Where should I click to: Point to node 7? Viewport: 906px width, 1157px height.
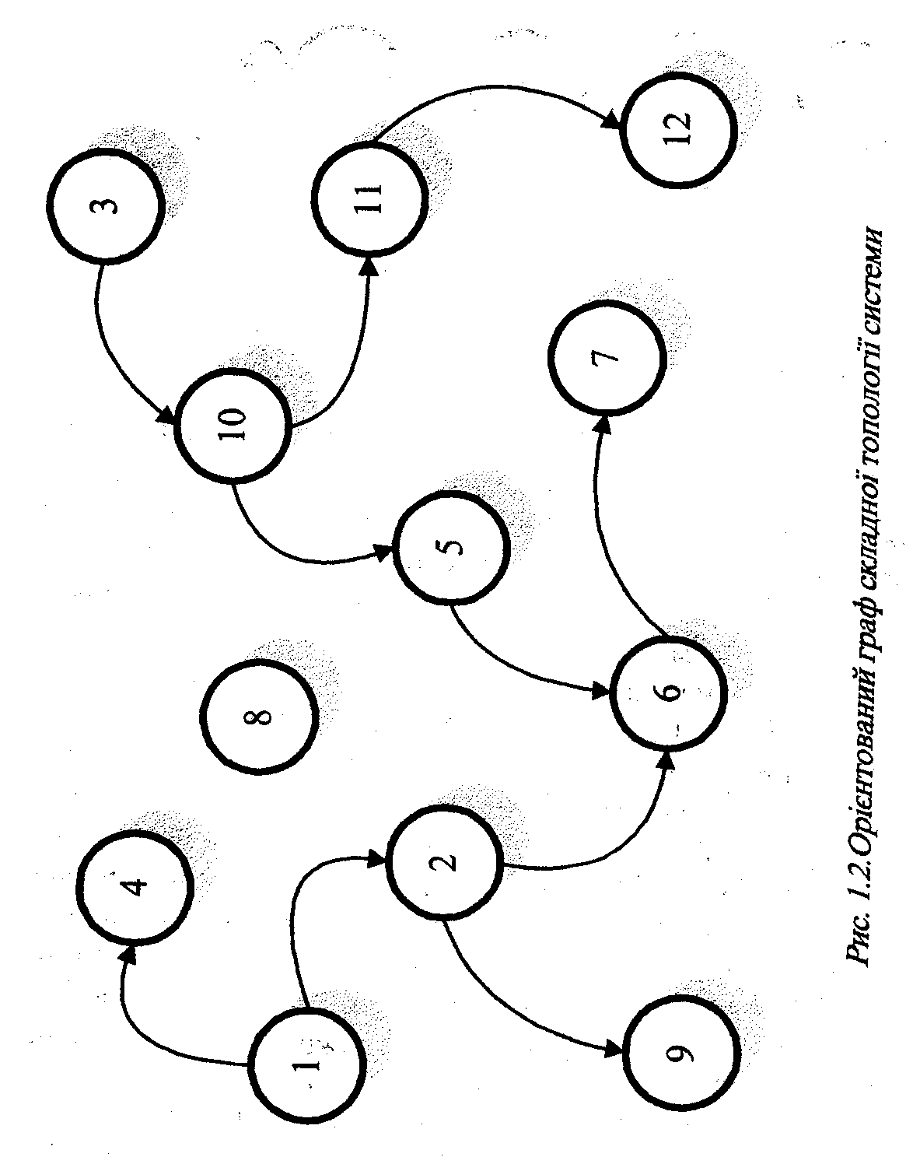607,357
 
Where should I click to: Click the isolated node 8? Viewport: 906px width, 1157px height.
259,716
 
